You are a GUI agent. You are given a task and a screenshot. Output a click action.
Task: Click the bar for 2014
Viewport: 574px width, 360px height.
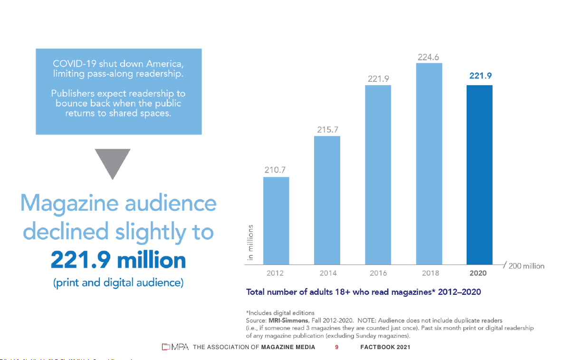click(x=327, y=200)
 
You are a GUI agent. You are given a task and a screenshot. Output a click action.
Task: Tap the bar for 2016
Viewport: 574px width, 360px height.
click(x=378, y=175)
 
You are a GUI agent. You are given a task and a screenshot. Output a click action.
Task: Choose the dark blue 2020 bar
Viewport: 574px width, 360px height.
click(x=479, y=175)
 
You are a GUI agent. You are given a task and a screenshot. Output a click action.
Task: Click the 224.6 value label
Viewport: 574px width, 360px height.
click(x=429, y=57)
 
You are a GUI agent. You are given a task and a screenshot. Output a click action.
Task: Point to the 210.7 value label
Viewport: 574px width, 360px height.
click(x=276, y=170)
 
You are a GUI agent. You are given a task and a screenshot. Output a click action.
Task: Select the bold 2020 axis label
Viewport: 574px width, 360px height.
click(x=478, y=273)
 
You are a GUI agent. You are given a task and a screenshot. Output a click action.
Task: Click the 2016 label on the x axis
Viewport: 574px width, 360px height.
click(x=378, y=273)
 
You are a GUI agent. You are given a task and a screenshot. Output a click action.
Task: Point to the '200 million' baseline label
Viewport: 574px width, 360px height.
click(x=526, y=266)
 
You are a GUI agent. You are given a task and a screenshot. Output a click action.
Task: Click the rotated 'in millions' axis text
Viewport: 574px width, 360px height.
click(x=251, y=243)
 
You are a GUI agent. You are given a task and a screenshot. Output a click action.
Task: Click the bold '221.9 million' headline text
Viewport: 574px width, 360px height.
click(x=118, y=260)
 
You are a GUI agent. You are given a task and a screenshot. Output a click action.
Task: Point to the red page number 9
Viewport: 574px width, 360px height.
click(x=336, y=347)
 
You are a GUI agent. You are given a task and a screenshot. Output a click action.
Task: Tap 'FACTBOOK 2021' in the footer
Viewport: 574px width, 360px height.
click(x=385, y=347)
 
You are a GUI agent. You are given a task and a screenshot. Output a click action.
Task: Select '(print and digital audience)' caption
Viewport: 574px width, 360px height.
click(x=118, y=282)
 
